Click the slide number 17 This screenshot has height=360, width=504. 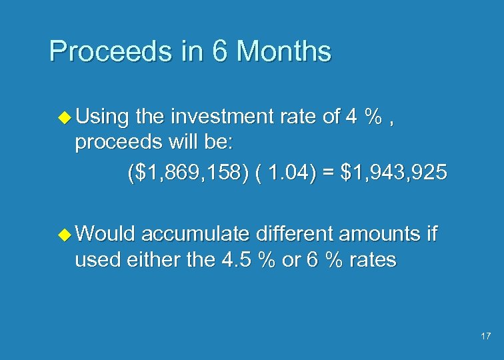tap(485, 337)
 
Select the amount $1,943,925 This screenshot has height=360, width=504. tap(393, 173)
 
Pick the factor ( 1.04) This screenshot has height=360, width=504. tap(287, 173)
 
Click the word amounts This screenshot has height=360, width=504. tap(381, 234)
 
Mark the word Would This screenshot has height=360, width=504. tap(105, 234)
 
